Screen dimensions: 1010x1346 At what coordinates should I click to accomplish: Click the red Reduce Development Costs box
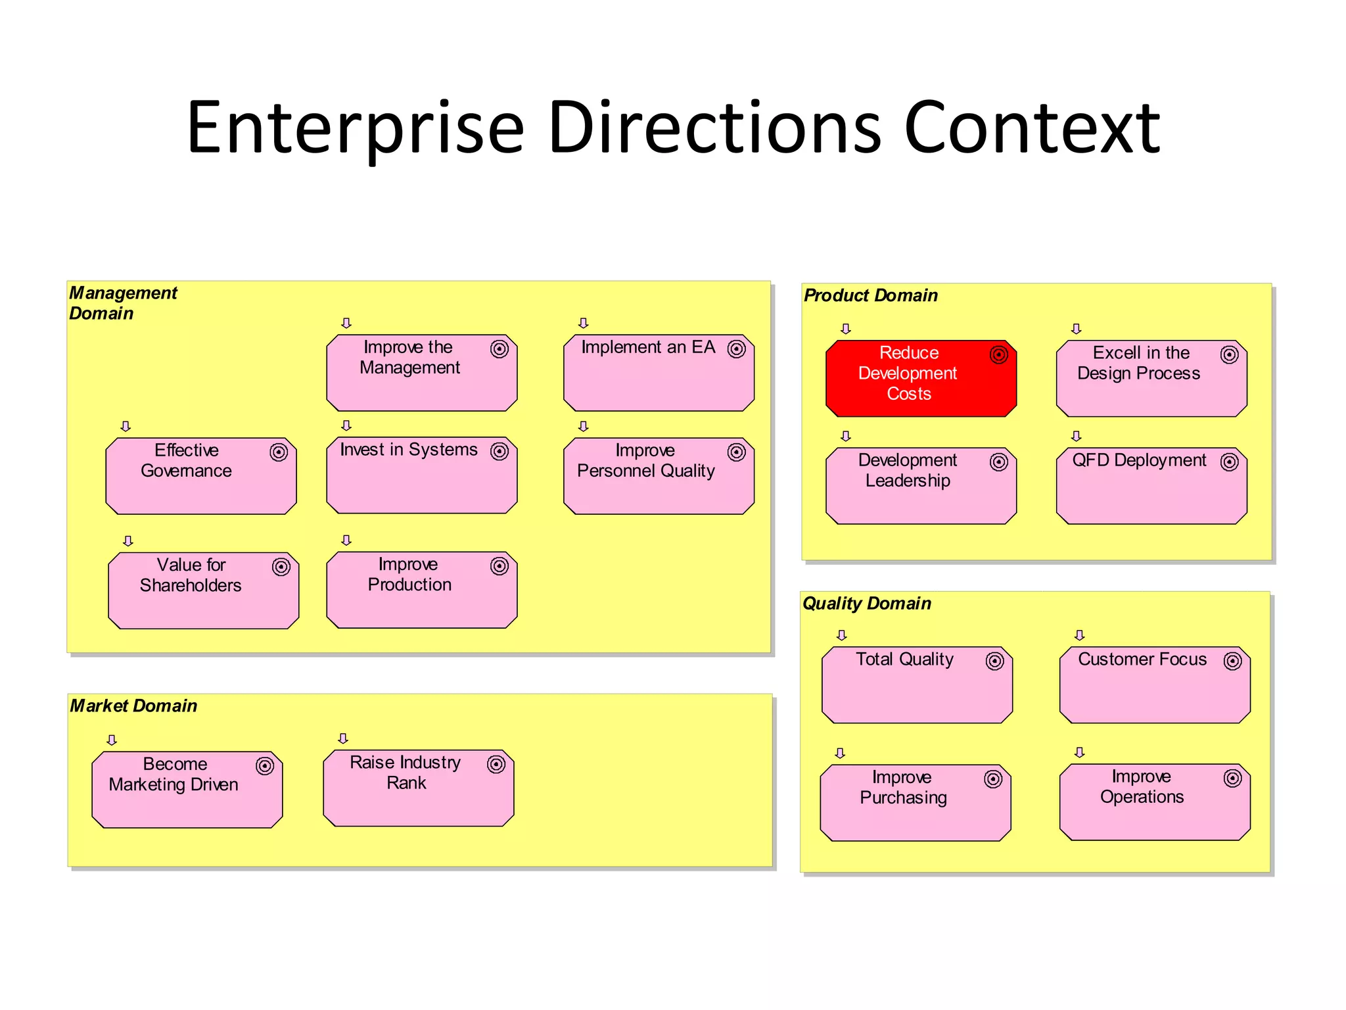[921, 379]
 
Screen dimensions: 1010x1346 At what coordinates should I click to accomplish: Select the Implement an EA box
[659, 373]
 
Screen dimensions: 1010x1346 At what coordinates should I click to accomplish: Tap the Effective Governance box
[201, 477]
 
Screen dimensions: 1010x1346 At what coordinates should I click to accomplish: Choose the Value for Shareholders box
[204, 591]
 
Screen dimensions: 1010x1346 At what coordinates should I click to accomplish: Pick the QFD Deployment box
[1151, 487]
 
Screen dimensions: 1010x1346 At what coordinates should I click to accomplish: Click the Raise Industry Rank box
[419, 788]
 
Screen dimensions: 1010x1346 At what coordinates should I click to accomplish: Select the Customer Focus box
[1155, 685]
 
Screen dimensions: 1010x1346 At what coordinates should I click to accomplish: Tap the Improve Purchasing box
[916, 803]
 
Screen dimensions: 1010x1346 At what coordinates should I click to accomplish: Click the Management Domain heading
[123, 303]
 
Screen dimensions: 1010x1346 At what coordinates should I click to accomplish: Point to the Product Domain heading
[871, 296]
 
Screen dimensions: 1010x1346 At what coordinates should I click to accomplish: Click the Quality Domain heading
[867, 604]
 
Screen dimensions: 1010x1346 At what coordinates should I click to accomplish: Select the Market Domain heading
[133, 706]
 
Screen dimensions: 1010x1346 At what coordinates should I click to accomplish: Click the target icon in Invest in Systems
[499, 451]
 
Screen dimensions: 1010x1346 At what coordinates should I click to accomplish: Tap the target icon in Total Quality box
[995, 661]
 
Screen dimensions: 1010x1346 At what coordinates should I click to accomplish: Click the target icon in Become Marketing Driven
[265, 765]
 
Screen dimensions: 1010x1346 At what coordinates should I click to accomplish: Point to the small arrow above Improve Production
[346, 540]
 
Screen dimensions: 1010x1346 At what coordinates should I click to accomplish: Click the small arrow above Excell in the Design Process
[1076, 328]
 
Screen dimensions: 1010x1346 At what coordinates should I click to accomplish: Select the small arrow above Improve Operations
[1079, 752]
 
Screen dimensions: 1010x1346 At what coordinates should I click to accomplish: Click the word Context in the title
[1032, 128]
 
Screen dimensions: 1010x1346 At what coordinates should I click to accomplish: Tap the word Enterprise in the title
[356, 128]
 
